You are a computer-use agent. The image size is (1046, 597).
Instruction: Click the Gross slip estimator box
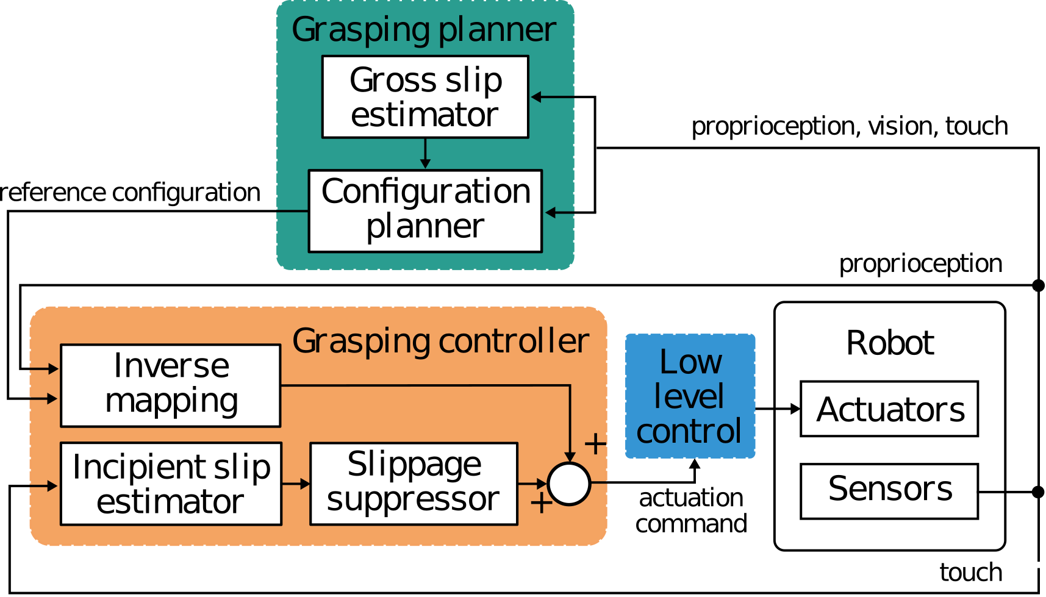point(425,97)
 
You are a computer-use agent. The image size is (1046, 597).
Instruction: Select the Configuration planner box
point(425,210)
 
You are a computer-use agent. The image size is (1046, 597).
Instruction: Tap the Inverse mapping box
point(171,385)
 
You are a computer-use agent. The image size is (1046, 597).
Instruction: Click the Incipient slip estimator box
point(171,484)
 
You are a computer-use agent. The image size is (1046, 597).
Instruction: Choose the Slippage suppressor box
point(414,484)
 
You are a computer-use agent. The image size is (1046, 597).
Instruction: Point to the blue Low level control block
point(690,396)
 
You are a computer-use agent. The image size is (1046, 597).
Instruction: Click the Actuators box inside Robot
point(889,409)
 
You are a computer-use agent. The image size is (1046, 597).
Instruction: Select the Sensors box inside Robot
point(889,491)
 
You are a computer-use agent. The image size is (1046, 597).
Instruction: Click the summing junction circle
point(568,484)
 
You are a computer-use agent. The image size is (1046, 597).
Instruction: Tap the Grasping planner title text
point(424,29)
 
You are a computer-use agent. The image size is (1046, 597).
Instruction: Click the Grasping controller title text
point(440,341)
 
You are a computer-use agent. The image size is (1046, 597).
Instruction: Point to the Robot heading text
point(890,343)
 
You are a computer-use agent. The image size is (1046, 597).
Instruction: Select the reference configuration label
point(130,193)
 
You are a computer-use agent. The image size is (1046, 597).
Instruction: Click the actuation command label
point(691,511)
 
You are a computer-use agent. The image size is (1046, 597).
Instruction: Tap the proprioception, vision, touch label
point(849,127)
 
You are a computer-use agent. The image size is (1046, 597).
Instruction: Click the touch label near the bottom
point(970,573)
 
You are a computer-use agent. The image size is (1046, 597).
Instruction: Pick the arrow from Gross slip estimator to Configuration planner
point(425,154)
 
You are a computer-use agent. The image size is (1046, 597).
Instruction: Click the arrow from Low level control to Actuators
point(778,409)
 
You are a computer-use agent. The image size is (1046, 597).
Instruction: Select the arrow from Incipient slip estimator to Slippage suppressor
point(296,484)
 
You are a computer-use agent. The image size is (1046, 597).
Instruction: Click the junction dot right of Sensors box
point(1037,492)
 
